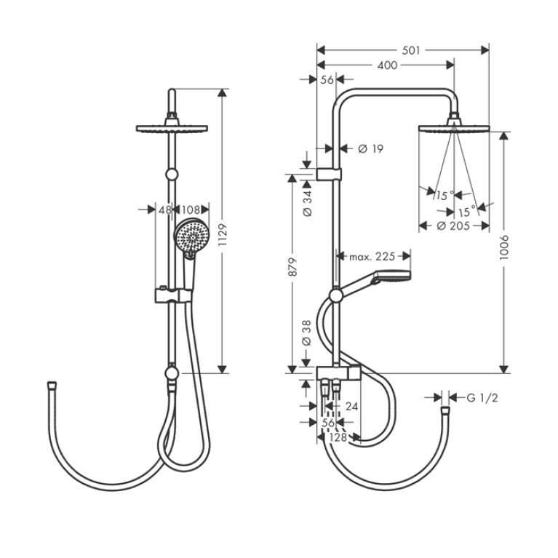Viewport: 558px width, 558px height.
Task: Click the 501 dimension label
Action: [x=410, y=50]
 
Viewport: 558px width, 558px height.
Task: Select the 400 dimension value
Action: [x=387, y=65]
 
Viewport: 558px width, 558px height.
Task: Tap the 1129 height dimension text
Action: [x=223, y=234]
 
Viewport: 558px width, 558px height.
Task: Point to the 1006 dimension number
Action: [x=504, y=247]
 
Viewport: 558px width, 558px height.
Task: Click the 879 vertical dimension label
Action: [x=292, y=267]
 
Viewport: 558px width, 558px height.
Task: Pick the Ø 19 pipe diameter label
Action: [x=371, y=148]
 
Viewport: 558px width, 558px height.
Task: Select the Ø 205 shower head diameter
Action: [x=453, y=226]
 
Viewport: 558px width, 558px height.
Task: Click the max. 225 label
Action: [x=372, y=256]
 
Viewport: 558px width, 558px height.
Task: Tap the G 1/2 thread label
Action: [x=482, y=398]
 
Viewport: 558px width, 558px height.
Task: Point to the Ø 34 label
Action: [x=306, y=204]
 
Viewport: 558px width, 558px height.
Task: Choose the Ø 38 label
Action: [x=306, y=333]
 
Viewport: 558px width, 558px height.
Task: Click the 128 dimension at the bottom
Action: [x=338, y=437]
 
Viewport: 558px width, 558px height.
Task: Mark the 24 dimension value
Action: [x=351, y=406]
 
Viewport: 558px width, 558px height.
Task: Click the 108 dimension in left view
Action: [x=191, y=210]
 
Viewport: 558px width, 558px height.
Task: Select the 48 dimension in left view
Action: [x=164, y=210]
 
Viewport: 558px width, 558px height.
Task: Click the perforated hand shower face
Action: [x=192, y=236]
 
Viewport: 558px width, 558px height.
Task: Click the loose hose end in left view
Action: [x=52, y=386]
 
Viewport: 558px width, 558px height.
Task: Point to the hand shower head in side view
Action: [x=391, y=276]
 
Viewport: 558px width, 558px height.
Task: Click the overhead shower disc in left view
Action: [x=172, y=129]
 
